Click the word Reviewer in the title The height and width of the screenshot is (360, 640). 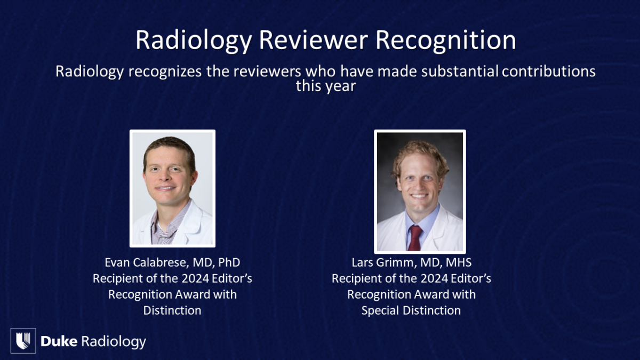click(314, 40)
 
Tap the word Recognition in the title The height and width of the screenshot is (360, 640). click(446, 41)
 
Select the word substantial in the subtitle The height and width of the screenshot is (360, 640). click(460, 71)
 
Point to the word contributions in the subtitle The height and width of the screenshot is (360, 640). click(549, 71)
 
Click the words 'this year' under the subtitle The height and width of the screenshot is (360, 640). click(326, 86)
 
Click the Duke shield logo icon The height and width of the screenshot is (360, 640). click(23, 341)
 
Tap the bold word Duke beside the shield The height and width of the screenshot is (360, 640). click(59, 341)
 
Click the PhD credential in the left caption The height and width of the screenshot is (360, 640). click(229, 262)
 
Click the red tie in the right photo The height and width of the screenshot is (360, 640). click(415, 238)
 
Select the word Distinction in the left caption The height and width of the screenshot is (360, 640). click(172, 310)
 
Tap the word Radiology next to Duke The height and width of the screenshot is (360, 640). click(114, 342)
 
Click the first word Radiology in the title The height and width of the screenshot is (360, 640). click(194, 41)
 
